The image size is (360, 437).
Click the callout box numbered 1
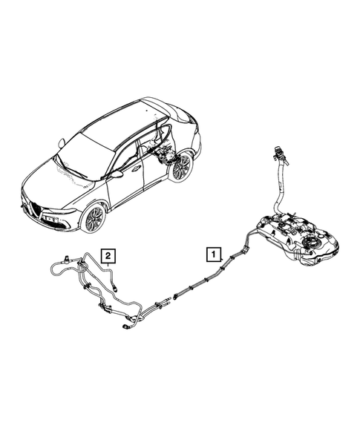(213, 254)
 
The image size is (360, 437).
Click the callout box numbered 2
(108, 257)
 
